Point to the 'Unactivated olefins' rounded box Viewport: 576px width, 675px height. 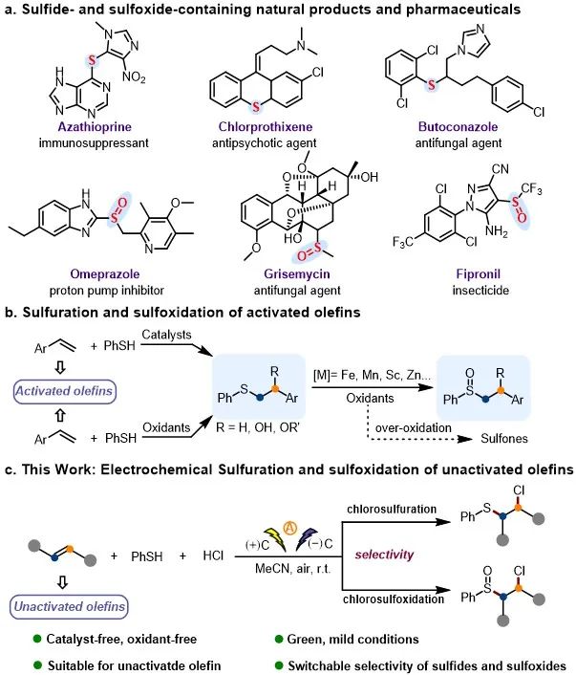pos(66,604)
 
